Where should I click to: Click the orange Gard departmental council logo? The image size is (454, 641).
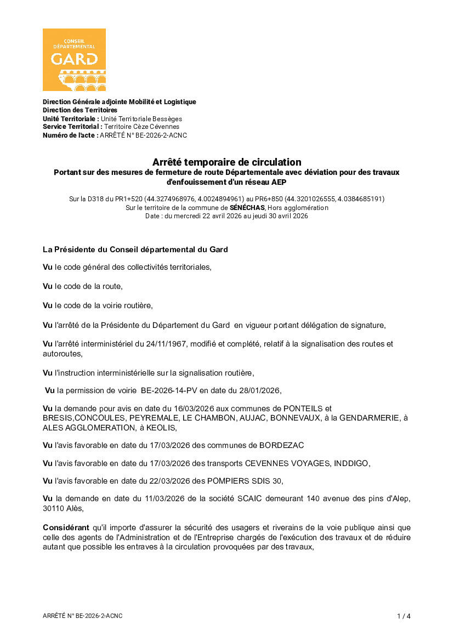click(74, 60)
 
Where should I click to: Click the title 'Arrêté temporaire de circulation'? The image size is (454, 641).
click(226, 162)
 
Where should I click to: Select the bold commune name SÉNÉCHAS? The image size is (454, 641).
click(247, 208)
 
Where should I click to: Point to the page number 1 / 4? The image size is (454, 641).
click(404, 616)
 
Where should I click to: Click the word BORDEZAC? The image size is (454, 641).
click(281, 445)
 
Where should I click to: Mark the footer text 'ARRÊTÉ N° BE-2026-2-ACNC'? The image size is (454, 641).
click(83, 616)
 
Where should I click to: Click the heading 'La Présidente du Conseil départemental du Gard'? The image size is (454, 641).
click(135, 249)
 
